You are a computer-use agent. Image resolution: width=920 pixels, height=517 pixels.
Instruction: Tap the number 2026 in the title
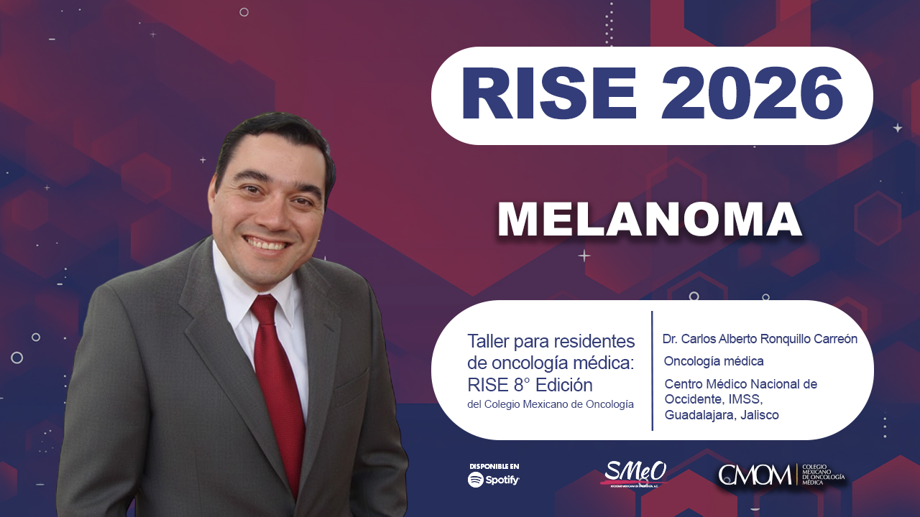752,95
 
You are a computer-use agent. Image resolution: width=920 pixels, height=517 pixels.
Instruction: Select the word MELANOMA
650,220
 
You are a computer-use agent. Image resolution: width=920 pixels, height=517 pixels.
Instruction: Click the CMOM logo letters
755,475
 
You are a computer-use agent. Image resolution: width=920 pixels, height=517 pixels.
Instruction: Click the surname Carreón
832,339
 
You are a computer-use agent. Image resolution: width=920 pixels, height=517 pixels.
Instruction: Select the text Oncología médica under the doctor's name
714,361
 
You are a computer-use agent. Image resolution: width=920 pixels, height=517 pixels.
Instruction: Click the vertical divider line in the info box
652,371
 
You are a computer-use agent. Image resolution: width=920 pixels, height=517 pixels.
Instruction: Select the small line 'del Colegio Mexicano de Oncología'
551,405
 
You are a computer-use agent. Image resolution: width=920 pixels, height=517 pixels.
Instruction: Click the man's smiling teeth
267,245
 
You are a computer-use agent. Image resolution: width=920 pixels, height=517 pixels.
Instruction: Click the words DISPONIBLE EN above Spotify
494,466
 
